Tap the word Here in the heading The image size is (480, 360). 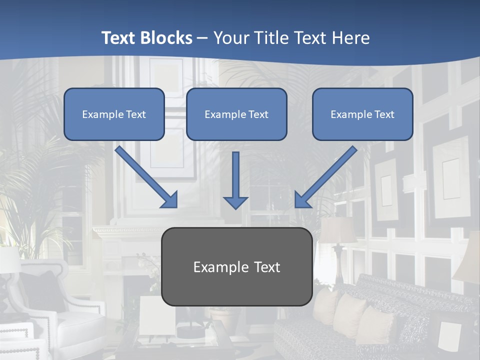(x=351, y=38)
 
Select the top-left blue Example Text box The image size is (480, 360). (x=114, y=114)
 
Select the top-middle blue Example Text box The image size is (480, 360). (x=236, y=114)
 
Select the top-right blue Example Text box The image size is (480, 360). (x=362, y=114)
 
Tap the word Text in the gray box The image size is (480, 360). (x=264, y=267)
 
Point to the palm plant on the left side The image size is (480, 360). (x=35, y=190)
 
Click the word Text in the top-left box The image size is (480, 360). (x=136, y=114)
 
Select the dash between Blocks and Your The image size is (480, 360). (x=202, y=38)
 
